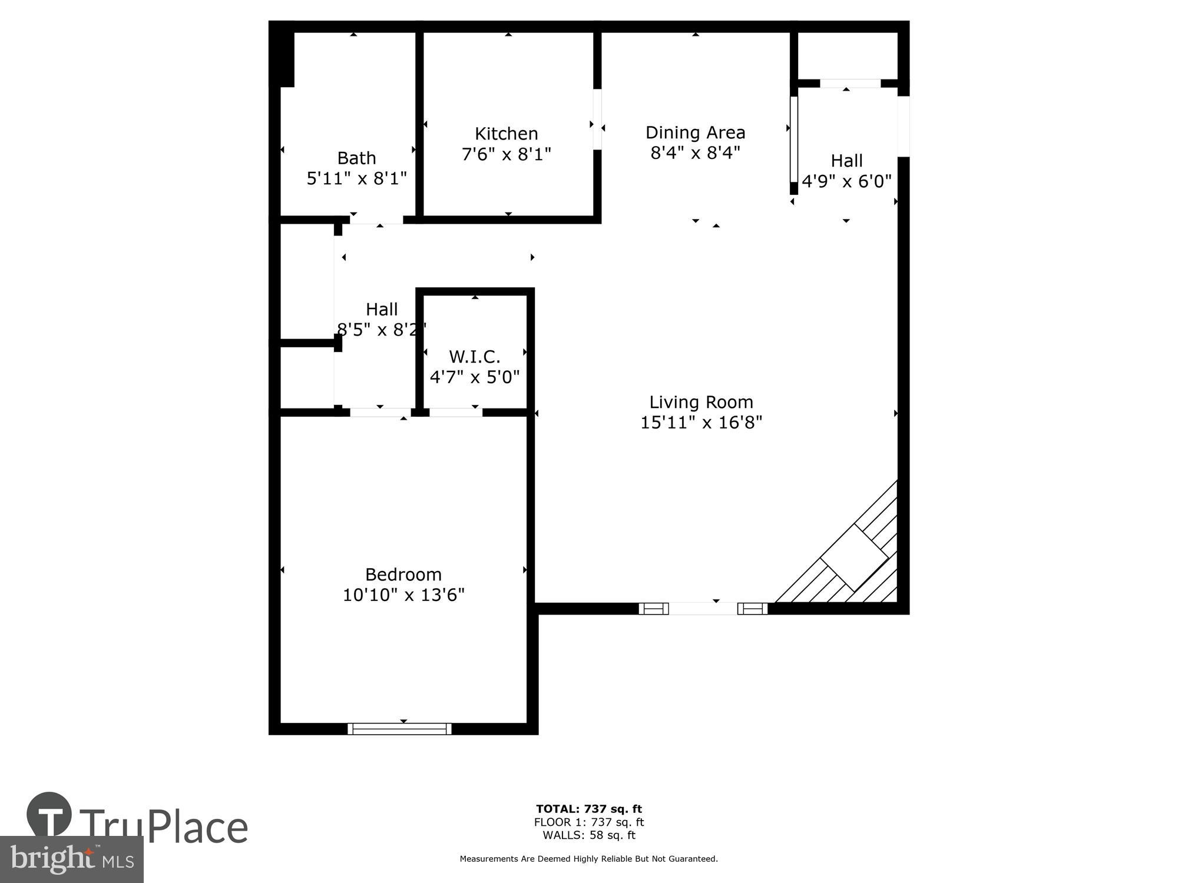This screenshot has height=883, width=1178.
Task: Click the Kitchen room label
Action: point(506,134)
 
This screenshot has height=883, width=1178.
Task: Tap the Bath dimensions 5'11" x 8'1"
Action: point(356,178)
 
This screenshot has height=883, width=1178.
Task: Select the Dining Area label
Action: point(695,132)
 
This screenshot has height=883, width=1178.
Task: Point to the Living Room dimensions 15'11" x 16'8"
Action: point(701,423)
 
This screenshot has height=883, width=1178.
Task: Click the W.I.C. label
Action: point(474,357)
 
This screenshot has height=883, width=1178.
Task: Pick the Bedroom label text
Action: point(403,575)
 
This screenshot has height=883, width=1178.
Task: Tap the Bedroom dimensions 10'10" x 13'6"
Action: point(403,595)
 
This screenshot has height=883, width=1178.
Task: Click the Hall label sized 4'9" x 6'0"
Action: point(846,161)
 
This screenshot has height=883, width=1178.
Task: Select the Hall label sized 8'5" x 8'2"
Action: point(382,310)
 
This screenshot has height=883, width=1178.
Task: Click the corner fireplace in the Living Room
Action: point(854,556)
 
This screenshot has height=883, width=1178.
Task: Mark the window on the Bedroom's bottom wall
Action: point(399,729)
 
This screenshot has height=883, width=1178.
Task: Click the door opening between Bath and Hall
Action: point(376,220)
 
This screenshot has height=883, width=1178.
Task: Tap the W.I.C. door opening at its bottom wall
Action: point(455,413)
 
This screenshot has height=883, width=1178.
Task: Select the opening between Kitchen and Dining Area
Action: point(597,119)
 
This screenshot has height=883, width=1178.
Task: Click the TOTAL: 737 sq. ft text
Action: point(588,809)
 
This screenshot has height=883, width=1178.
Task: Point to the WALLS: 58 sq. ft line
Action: point(588,835)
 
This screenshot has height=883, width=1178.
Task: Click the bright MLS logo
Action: point(71,859)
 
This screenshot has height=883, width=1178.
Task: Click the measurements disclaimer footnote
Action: point(588,859)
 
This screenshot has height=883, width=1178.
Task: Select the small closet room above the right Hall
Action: point(847,55)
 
